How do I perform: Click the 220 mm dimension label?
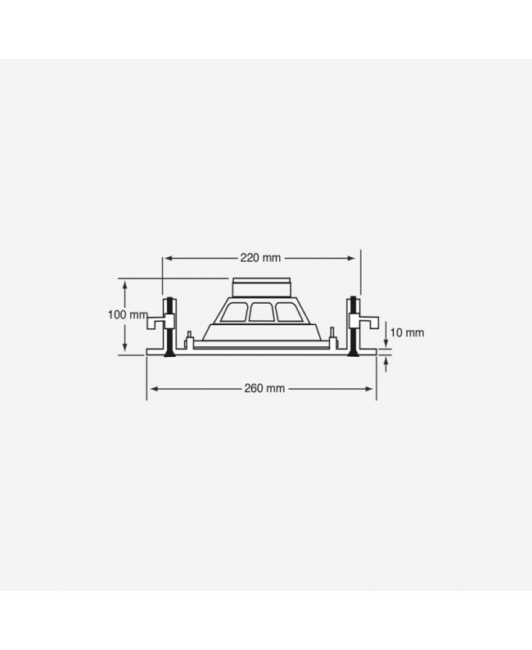260,258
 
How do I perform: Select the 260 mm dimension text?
264,388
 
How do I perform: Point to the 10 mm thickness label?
407,332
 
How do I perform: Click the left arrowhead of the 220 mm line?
169,258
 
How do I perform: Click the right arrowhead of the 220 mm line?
351,258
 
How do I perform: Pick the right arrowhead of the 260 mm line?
369,389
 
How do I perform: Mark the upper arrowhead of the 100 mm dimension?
124,283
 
